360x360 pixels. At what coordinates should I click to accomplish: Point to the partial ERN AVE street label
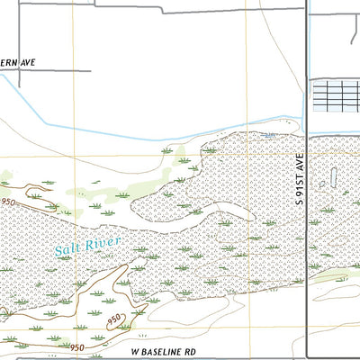pyautogui.click(x=16, y=62)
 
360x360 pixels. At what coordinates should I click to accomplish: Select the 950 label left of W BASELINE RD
pyautogui.click(x=78, y=346)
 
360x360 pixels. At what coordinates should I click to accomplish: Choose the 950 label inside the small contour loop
pyautogui.click(x=114, y=319)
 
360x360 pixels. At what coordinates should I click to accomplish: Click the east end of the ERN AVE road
pyautogui.click(x=90, y=70)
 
